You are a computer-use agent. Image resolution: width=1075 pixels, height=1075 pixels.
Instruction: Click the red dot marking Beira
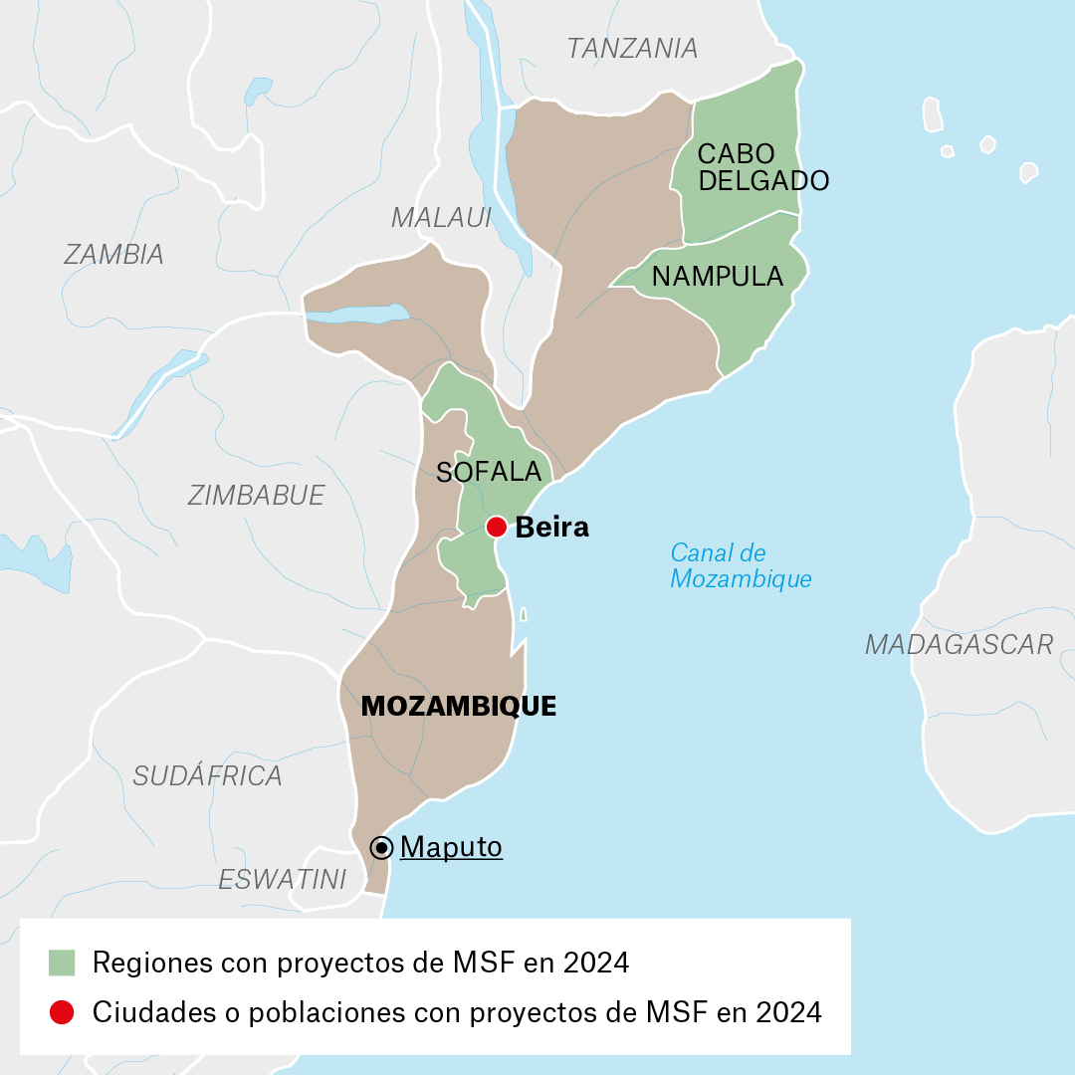pyautogui.click(x=496, y=527)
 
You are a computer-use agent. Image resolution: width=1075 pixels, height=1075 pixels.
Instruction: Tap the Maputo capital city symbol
pyautogui.click(x=381, y=847)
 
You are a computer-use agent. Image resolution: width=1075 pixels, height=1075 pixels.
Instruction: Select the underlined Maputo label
pyautogui.click(x=451, y=847)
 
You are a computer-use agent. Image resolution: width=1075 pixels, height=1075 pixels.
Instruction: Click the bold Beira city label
pyautogui.click(x=551, y=528)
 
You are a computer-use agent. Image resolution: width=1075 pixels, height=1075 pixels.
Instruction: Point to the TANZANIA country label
pyautogui.click(x=632, y=48)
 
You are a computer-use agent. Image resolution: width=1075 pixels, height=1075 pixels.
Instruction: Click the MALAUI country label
pyautogui.click(x=441, y=217)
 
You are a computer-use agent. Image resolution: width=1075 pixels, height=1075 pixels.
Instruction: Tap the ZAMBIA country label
pyautogui.click(x=113, y=255)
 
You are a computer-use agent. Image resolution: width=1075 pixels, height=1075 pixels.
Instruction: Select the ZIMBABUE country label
pyautogui.click(x=256, y=495)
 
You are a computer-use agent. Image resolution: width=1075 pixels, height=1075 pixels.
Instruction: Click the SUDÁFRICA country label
pyautogui.click(x=207, y=775)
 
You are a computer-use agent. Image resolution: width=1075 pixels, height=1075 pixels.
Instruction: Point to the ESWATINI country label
pyautogui.click(x=283, y=879)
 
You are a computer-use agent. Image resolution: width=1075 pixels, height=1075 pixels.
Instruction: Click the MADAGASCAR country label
pyautogui.click(x=959, y=644)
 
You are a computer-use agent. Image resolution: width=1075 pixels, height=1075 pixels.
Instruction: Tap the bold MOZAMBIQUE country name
pyautogui.click(x=458, y=706)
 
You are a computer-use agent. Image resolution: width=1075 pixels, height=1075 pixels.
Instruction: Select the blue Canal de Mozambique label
pyautogui.click(x=741, y=565)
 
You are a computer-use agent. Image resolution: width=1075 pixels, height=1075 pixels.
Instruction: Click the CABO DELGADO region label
pyautogui.click(x=762, y=167)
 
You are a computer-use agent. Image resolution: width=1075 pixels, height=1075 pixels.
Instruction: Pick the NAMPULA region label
pyautogui.click(x=718, y=276)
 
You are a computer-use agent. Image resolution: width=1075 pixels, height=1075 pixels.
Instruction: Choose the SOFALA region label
pyautogui.click(x=489, y=472)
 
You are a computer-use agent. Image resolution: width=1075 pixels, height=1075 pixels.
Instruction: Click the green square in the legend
pyautogui.click(x=62, y=963)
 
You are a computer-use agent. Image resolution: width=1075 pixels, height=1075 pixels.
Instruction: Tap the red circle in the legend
pyautogui.click(x=62, y=1012)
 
